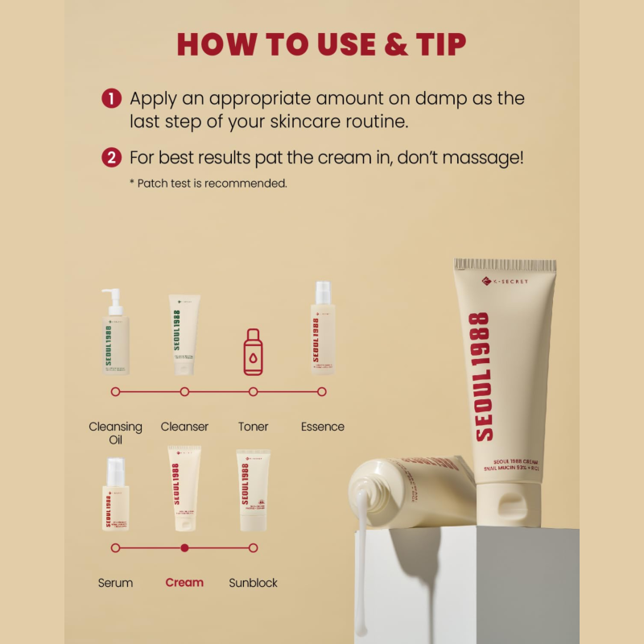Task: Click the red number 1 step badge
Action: point(111,99)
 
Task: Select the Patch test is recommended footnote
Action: point(208,184)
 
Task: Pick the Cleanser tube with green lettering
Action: point(184,335)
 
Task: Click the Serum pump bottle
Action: point(115,494)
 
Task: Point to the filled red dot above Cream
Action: point(184,547)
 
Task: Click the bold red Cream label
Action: point(184,583)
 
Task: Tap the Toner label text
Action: point(254,427)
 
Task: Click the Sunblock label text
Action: point(254,583)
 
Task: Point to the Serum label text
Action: point(115,583)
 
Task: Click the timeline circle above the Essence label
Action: point(322,392)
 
